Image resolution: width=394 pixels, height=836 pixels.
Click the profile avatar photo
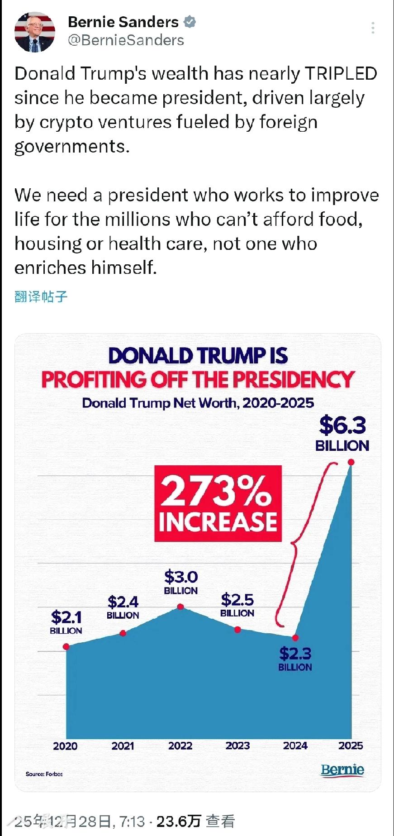[35, 32]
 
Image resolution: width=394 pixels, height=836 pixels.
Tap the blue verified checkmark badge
[190, 22]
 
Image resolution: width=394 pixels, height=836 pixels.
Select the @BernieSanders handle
[126, 40]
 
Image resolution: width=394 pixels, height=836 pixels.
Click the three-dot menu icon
[373, 28]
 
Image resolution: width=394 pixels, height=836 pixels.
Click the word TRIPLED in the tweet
[341, 73]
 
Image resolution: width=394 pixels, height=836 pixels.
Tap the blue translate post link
[41, 296]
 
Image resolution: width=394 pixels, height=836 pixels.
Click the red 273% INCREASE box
[218, 503]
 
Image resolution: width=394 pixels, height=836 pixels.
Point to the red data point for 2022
[180, 607]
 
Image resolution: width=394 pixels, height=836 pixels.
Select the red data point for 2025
[351, 462]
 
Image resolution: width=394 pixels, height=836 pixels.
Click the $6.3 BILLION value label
[342, 433]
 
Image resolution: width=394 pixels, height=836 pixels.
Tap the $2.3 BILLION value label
[295, 658]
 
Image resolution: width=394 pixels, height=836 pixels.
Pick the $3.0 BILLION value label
[180, 582]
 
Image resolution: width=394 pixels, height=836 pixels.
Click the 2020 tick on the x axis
[65, 746]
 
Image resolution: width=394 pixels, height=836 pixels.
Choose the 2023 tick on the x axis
[237, 745]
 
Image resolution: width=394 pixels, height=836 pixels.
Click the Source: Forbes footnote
[44, 774]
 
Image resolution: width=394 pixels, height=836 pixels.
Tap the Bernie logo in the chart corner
[342, 770]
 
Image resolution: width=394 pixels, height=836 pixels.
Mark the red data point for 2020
[66, 646]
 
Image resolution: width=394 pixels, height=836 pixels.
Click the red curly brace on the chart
[294, 543]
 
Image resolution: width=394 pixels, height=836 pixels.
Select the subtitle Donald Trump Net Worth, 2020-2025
[198, 403]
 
